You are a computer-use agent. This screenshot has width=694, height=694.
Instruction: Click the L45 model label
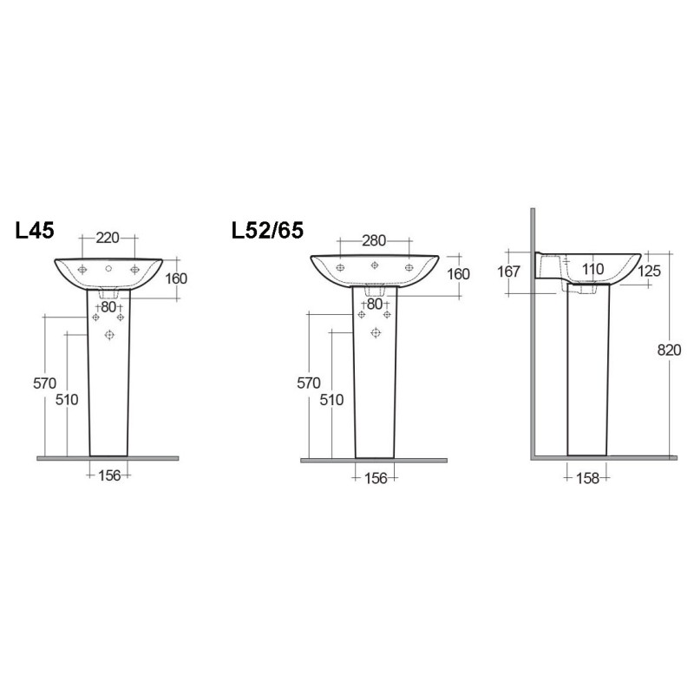pos(35,231)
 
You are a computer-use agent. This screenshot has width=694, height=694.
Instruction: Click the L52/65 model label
pos(267,231)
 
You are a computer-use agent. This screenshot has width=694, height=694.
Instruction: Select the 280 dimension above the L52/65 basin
pos(374,240)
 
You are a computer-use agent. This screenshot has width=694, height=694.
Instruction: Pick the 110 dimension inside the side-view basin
pos(593,270)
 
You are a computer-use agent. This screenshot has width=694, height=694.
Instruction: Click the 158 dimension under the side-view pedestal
pos(587,476)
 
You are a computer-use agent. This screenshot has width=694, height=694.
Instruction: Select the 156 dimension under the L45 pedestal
pos(108,476)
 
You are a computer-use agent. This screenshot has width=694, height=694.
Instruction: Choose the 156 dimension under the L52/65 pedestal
pos(375,477)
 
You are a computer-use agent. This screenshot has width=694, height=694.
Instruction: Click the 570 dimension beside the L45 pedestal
pos(44,383)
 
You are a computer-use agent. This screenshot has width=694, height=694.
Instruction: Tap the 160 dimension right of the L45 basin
pos(175,278)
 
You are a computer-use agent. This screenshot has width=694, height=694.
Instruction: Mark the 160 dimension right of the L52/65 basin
pos(457,274)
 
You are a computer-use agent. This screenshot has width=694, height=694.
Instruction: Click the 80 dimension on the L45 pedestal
pos(108,306)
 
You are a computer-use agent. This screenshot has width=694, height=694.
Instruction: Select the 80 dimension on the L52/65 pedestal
pos(375,304)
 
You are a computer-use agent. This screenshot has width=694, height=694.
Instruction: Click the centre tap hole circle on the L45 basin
pos(108,270)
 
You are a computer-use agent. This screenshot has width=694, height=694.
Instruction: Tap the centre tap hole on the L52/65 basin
pos(374,265)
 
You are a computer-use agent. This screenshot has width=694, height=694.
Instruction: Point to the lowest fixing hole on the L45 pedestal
pos(109,335)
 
